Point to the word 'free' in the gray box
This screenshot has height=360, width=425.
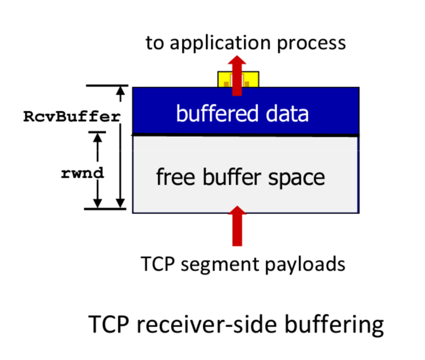[172, 177]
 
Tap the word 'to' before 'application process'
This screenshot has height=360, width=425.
[153, 43]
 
